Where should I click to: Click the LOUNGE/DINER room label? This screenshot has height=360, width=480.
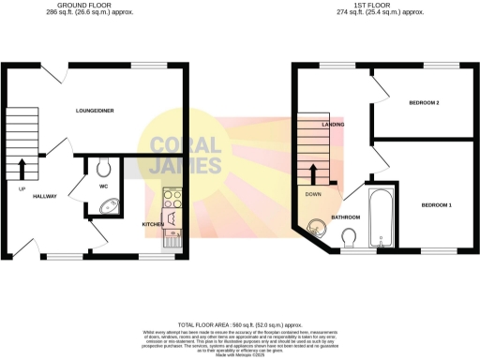[x=95, y=111]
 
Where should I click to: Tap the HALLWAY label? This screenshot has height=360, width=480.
[x=45, y=197]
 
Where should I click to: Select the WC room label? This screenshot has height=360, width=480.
[x=104, y=186]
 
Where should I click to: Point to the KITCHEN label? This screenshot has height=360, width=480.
[x=153, y=225]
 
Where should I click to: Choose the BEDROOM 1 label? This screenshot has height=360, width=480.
[x=436, y=204]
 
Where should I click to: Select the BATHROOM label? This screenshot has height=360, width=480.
[x=346, y=217]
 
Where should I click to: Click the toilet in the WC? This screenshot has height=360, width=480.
[x=104, y=167]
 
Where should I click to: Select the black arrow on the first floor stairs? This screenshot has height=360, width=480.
[x=314, y=174]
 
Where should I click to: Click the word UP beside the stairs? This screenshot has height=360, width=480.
[x=21, y=188]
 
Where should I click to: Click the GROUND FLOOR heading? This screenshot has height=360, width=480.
[x=78, y=6]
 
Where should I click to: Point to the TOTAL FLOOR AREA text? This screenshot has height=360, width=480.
[x=240, y=321]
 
